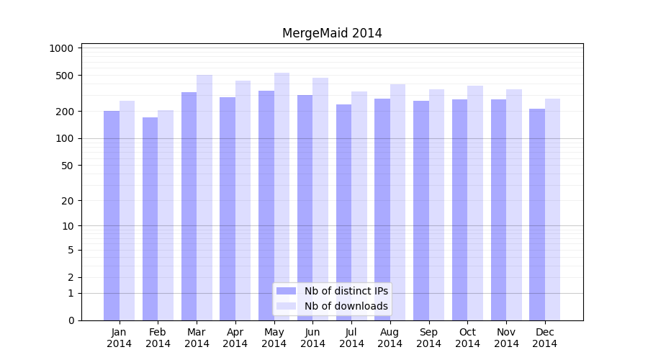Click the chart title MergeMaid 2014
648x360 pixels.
pos(332,33)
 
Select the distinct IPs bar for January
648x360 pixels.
pos(112,216)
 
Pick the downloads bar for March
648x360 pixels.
pos(204,198)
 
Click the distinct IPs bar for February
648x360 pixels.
pos(150,220)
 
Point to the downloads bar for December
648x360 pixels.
pos(552,209)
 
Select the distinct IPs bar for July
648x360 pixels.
pos(343,212)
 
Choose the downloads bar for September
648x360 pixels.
pos(436,205)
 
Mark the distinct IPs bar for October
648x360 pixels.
pos(459,209)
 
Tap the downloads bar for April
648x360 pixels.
pos(243,202)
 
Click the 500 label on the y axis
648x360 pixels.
pos(66,76)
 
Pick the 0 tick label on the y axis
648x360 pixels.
pos(71,320)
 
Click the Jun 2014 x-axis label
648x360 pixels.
pos(312,338)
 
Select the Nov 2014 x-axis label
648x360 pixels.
pos(506,338)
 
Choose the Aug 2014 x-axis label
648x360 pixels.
pos(390,338)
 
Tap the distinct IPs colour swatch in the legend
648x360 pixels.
pos(287,291)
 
